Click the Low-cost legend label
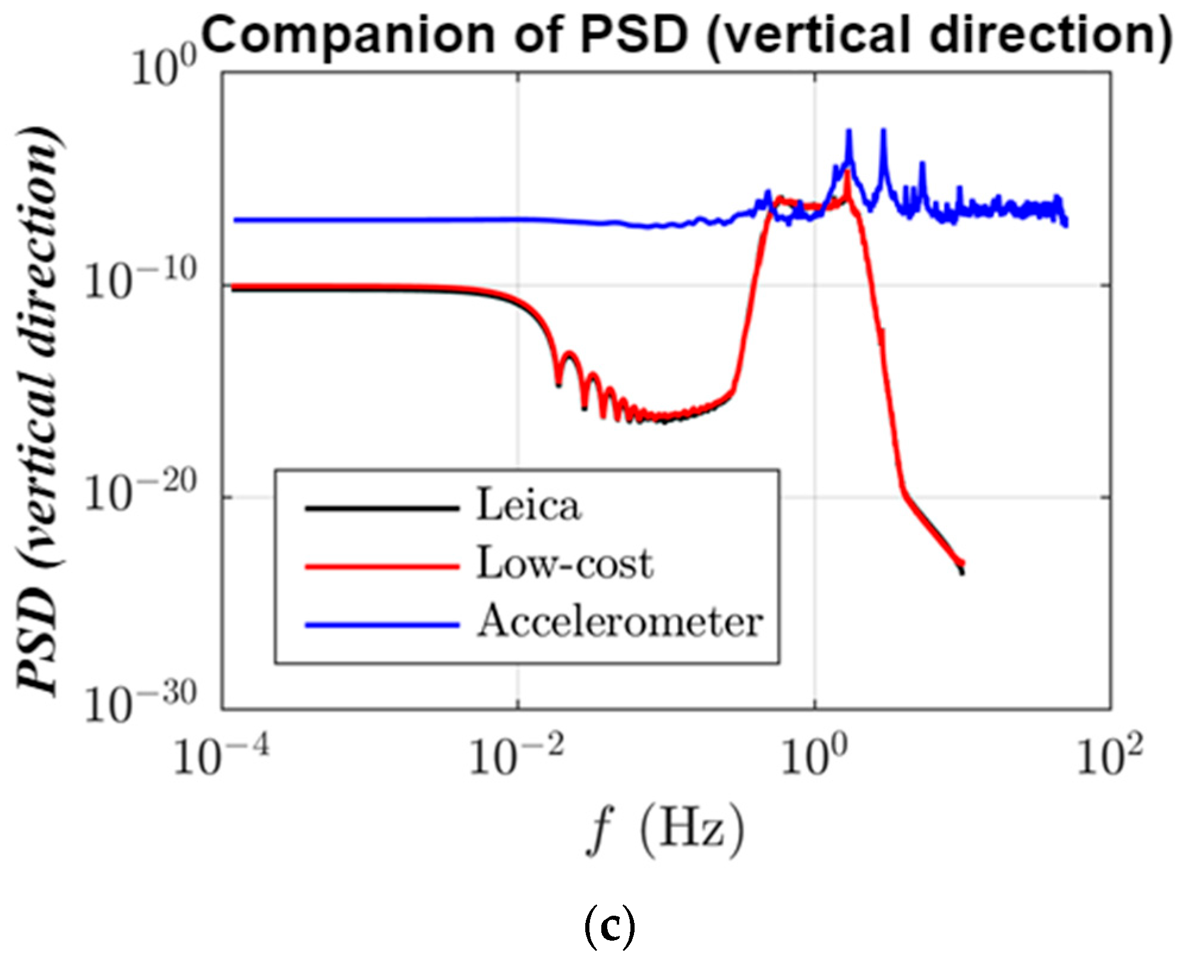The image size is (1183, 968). tap(565, 564)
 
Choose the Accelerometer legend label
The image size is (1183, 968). tap(620, 622)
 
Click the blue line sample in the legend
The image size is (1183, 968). tap(382, 625)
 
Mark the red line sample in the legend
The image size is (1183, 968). tap(382, 567)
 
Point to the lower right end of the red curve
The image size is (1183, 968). tap(962, 563)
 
